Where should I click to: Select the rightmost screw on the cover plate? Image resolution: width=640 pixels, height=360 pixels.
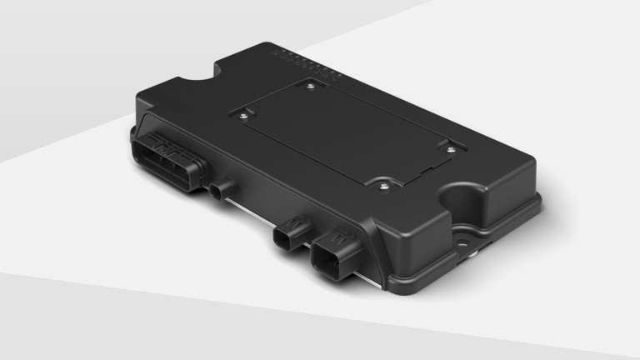(451, 150)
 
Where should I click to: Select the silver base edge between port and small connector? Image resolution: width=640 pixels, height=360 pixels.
(250, 212)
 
